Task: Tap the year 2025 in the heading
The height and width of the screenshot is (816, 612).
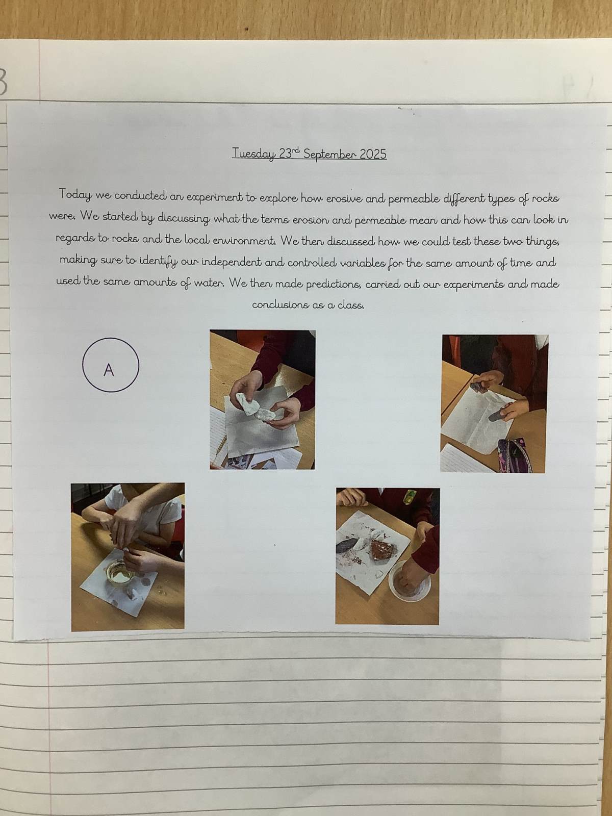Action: click(374, 155)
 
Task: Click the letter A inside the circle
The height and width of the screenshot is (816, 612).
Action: click(109, 370)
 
